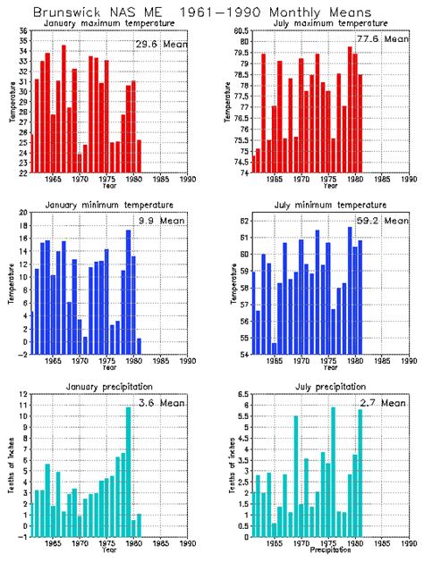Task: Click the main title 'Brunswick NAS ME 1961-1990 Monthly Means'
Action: click(212, 13)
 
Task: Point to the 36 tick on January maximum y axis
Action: click(22, 32)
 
